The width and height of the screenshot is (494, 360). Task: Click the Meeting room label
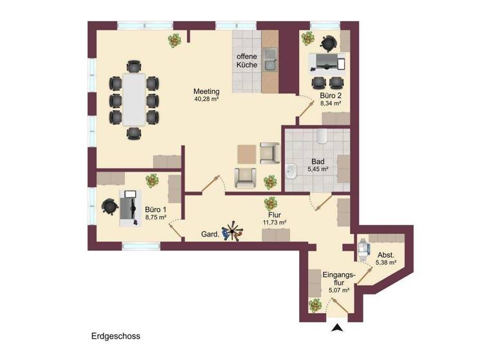pyautogui.click(x=206, y=91)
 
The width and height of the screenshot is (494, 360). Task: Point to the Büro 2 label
pyautogui.click(x=331, y=95)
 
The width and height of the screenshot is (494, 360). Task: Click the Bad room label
pyautogui.click(x=318, y=161)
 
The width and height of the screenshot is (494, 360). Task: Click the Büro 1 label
pyautogui.click(x=156, y=210)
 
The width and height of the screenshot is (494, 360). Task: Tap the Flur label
pyautogui.click(x=274, y=215)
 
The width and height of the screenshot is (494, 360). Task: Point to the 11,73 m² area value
pyautogui.click(x=274, y=222)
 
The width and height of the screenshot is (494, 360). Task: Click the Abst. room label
pyautogui.click(x=386, y=254)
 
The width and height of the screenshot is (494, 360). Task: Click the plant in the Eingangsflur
pyautogui.click(x=315, y=305)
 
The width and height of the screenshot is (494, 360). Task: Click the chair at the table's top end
pyautogui.click(x=134, y=66)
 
